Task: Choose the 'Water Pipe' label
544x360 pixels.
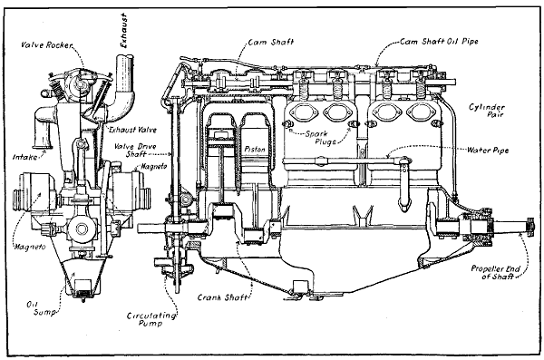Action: [x=487, y=150]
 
